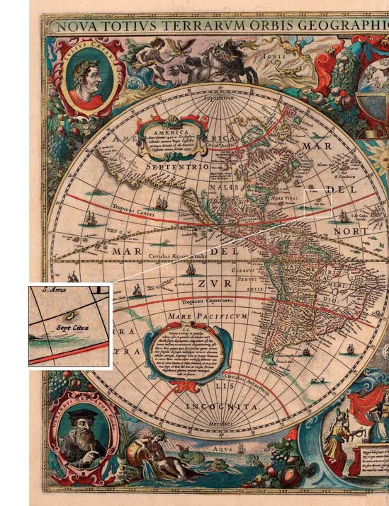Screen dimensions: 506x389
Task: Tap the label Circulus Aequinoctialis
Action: pyautogui.click(x=177, y=255)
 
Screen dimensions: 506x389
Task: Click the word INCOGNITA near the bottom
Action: pyautogui.click(x=221, y=408)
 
